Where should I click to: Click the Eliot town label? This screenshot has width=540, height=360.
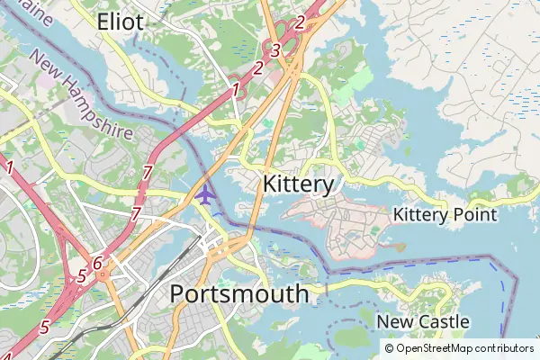click(x=120, y=22)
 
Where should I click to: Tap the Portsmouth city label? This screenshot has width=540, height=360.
click(x=238, y=294)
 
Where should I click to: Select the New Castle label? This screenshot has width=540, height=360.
click(x=422, y=321)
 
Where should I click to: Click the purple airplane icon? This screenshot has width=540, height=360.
click(x=205, y=193)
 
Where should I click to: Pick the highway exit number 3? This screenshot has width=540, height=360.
click(x=276, y=50)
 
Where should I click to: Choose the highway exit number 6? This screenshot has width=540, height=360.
click(x=97, y=264)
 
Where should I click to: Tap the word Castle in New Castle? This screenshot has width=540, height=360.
click(x=442, y=321)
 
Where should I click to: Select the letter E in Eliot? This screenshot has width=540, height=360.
click(x=103, y=22)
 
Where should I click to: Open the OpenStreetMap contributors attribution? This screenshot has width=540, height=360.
click(x=459, y=348)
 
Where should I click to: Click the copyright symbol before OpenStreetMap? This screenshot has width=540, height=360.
click(x=389, y=348)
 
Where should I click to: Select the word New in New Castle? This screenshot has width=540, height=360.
click(x=393, y=321)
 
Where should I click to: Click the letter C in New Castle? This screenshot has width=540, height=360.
click(x=420, y=321)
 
